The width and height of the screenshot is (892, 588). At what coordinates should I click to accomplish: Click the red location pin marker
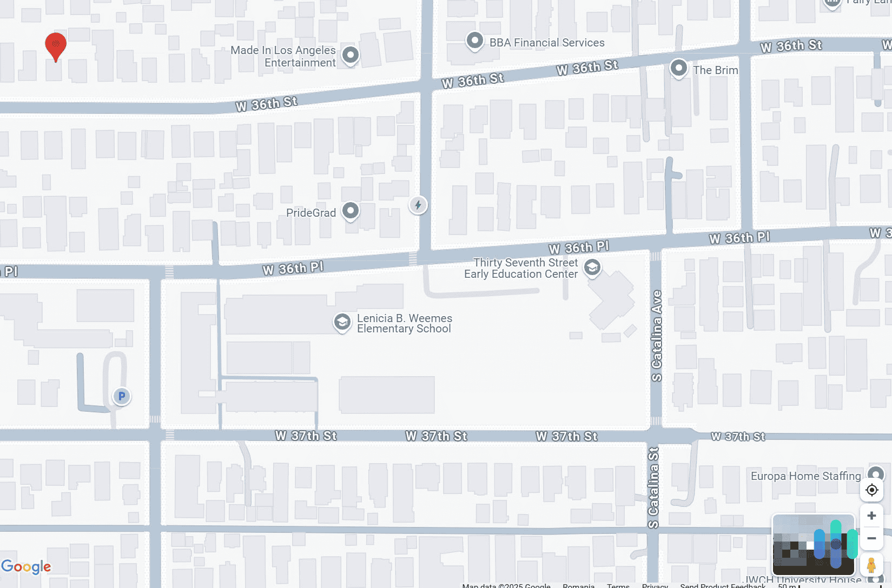(x=56, y=45)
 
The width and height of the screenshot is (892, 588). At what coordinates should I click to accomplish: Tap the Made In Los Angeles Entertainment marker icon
(x=351, y=55)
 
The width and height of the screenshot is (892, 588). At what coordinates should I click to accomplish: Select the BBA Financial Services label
(x=546, y=43)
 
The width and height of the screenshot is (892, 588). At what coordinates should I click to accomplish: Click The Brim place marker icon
(x=678, y=68)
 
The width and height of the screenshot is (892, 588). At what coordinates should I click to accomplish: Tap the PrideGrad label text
(x=311, y=213)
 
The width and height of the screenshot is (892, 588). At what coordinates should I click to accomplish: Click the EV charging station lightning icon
(x=418, y=205)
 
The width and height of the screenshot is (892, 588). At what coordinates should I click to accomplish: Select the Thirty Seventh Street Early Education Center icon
(x=592, y=267)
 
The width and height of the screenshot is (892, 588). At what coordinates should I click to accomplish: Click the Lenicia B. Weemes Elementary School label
(x=404, y=323)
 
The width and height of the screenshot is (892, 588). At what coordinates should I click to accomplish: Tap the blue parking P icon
(x=122, y=396)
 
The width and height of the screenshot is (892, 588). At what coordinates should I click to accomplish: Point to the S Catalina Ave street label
(x=657, y=336)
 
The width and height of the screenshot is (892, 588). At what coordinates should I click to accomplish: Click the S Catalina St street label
(x=653, y=487)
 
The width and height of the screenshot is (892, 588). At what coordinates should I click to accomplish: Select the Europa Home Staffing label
(x=805, y=476)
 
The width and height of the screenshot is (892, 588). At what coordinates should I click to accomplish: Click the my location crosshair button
(x=871, y=490)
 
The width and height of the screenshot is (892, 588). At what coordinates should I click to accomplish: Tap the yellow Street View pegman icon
(x=871, y=565)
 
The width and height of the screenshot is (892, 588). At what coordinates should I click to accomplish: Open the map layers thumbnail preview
(x=813, y=545)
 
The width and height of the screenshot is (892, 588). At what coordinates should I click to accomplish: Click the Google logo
(x=26, y=566)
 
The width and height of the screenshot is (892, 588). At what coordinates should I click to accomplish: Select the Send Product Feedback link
(x=723, y=585)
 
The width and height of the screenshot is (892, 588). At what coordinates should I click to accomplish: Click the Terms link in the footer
(x=618, y=585)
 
